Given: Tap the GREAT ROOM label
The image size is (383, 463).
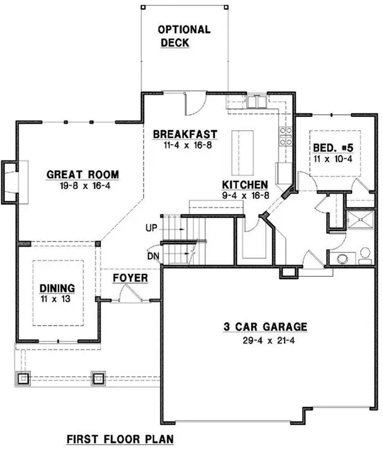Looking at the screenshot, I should coord(83,175).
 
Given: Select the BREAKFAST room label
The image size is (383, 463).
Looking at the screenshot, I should coord(185,134).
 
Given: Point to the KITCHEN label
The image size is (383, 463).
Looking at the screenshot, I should coord(245,184).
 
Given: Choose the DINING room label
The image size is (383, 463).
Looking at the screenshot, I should coord(57,288).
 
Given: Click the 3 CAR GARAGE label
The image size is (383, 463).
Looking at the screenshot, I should coord(265,327).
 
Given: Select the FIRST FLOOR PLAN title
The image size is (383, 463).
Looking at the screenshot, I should coord(119,439).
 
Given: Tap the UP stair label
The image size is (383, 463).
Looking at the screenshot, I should coord(152,228).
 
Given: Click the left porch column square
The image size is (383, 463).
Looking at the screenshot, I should coord(24,379).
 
